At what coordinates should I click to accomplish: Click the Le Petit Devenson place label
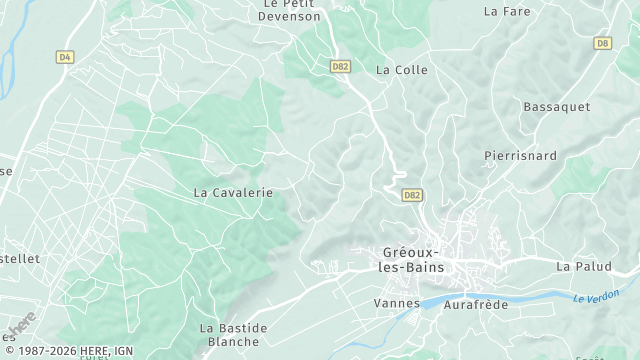coord(290,10)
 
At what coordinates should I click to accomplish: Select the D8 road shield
coord(602,43)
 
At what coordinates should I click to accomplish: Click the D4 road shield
coord(65,57)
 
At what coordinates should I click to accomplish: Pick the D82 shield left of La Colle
coord(340,65)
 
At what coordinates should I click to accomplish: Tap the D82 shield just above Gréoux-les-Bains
coord(412,194)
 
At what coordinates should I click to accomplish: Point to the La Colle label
coord(401,70)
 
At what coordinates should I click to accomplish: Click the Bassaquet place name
coord(556,106)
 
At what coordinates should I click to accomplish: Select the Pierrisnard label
coord(520,156)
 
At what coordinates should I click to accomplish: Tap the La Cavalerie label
coord(232,191)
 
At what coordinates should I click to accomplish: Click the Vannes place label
coord(395,302)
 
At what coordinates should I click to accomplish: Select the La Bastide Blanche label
coord(234,334)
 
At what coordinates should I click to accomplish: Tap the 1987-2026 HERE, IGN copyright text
coord(67,351)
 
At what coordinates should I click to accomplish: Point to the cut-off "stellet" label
coord(20,258)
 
